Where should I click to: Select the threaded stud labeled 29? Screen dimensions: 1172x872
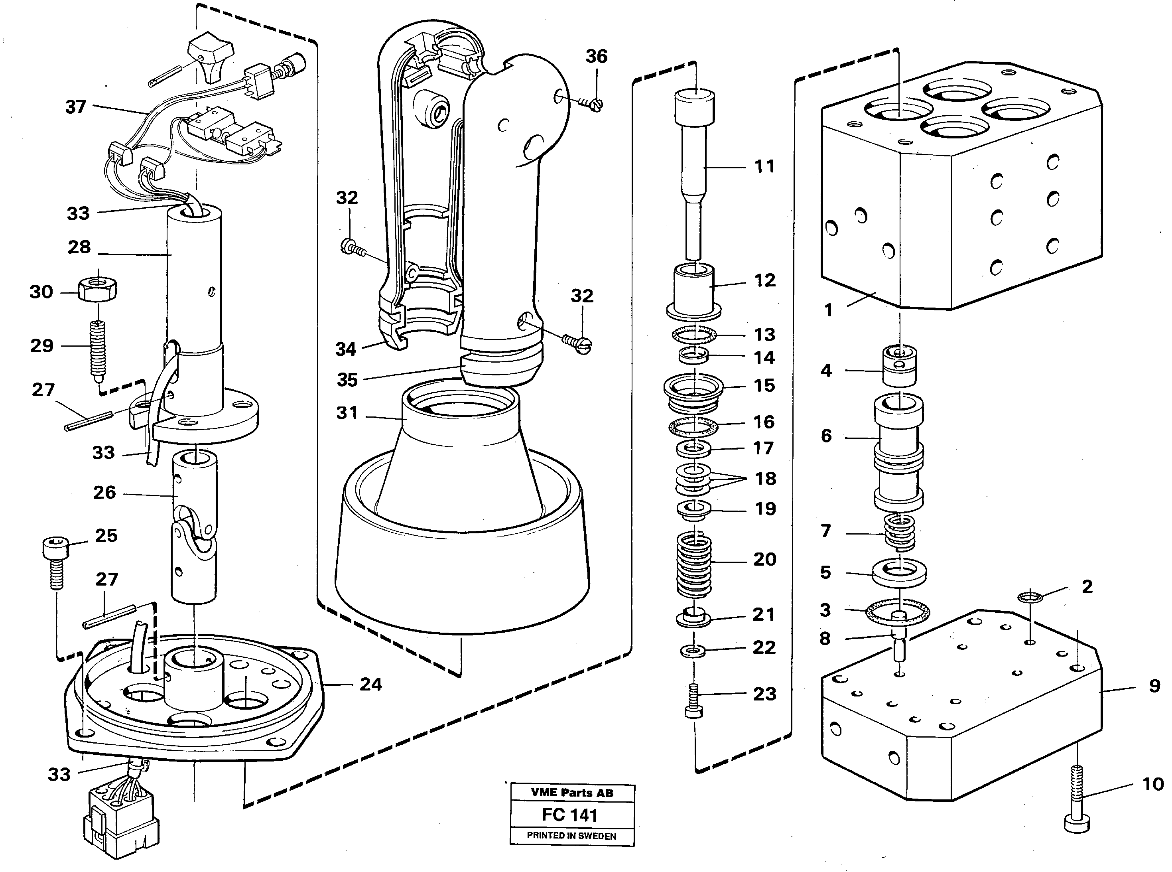pyautogui.click(x=98, y=349)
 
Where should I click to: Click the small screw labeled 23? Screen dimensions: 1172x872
pyautogui.click(x=694, y=700)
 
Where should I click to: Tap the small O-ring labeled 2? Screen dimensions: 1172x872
pyautogui.click(x=1030, y=597)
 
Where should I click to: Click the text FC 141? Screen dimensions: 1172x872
pyautogui.click(x=569, y=815)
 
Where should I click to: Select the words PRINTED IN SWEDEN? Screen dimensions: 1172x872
pyautogui.click(x=571, y=836)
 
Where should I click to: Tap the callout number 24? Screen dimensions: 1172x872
pyautogui.click(x=370, y=685)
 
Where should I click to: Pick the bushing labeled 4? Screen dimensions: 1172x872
pyautogui.click(x=900, y=366)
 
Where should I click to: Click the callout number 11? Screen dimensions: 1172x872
pyautogui.click(x=764, y=167)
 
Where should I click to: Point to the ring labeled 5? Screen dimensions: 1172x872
pyautogui.click(x=899, y=573)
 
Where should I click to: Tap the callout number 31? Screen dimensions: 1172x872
pyautogui.click(x=347, y=413)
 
